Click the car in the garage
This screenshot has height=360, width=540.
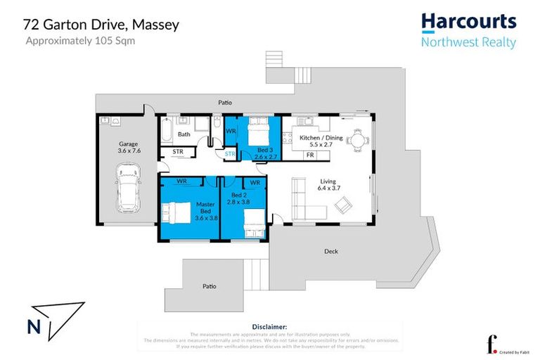click(127, 187)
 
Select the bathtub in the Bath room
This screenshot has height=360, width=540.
click(166, 131)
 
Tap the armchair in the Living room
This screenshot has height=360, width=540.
click(344, 205)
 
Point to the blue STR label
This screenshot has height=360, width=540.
click(230, 153)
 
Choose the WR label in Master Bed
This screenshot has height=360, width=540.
click(181, 181)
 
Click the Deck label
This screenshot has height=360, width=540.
click(331, 251)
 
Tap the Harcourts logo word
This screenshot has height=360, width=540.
click(468, 22)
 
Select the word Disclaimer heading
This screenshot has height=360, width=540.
click(269, 327)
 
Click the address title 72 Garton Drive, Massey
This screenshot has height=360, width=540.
click(101, 25)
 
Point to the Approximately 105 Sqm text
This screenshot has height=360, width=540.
click(80, 40)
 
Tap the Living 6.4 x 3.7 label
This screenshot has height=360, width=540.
click(328, 184)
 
